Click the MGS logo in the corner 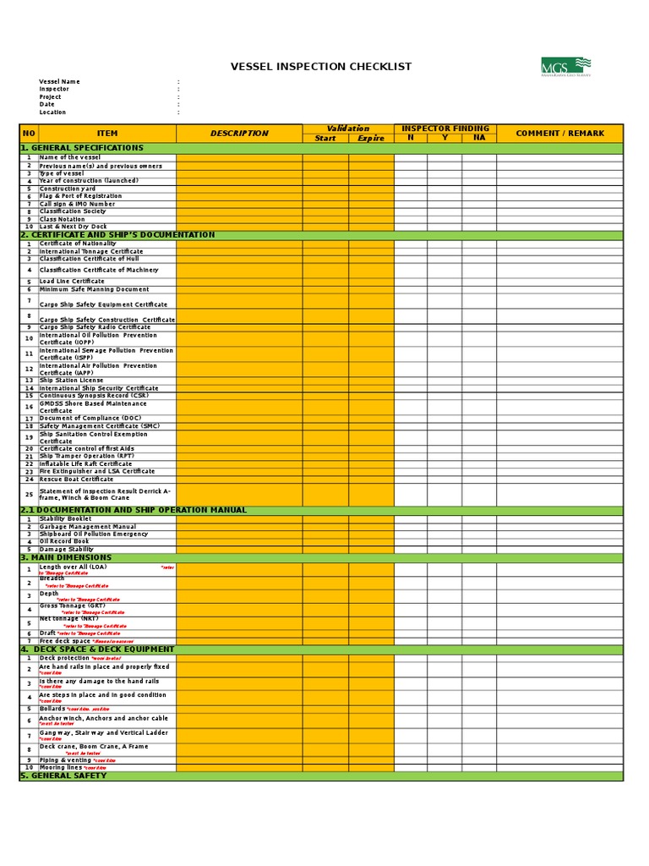[x=565, y=66]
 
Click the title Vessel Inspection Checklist [x=321, y=66]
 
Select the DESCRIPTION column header [x=239, y=134]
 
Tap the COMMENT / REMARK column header [x=559, y=134]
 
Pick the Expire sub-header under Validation [x=370, y=138]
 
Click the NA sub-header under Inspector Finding [x=479, y=138]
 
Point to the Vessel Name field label [x=59, y=82]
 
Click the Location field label [x=52, y=112]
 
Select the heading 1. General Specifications [x=82, y=148]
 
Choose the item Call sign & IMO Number [x=77, y=204]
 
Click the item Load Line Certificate [x=72, y=282]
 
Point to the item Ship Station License [x=72, y=381]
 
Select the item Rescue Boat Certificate [x=76, y=480]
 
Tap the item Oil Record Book [x=63, y=541]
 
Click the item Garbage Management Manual [x=87, y=526]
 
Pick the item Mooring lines [x=62, y=767]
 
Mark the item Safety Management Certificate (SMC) [x=99, y=426]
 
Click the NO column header [x=29, y=134]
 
